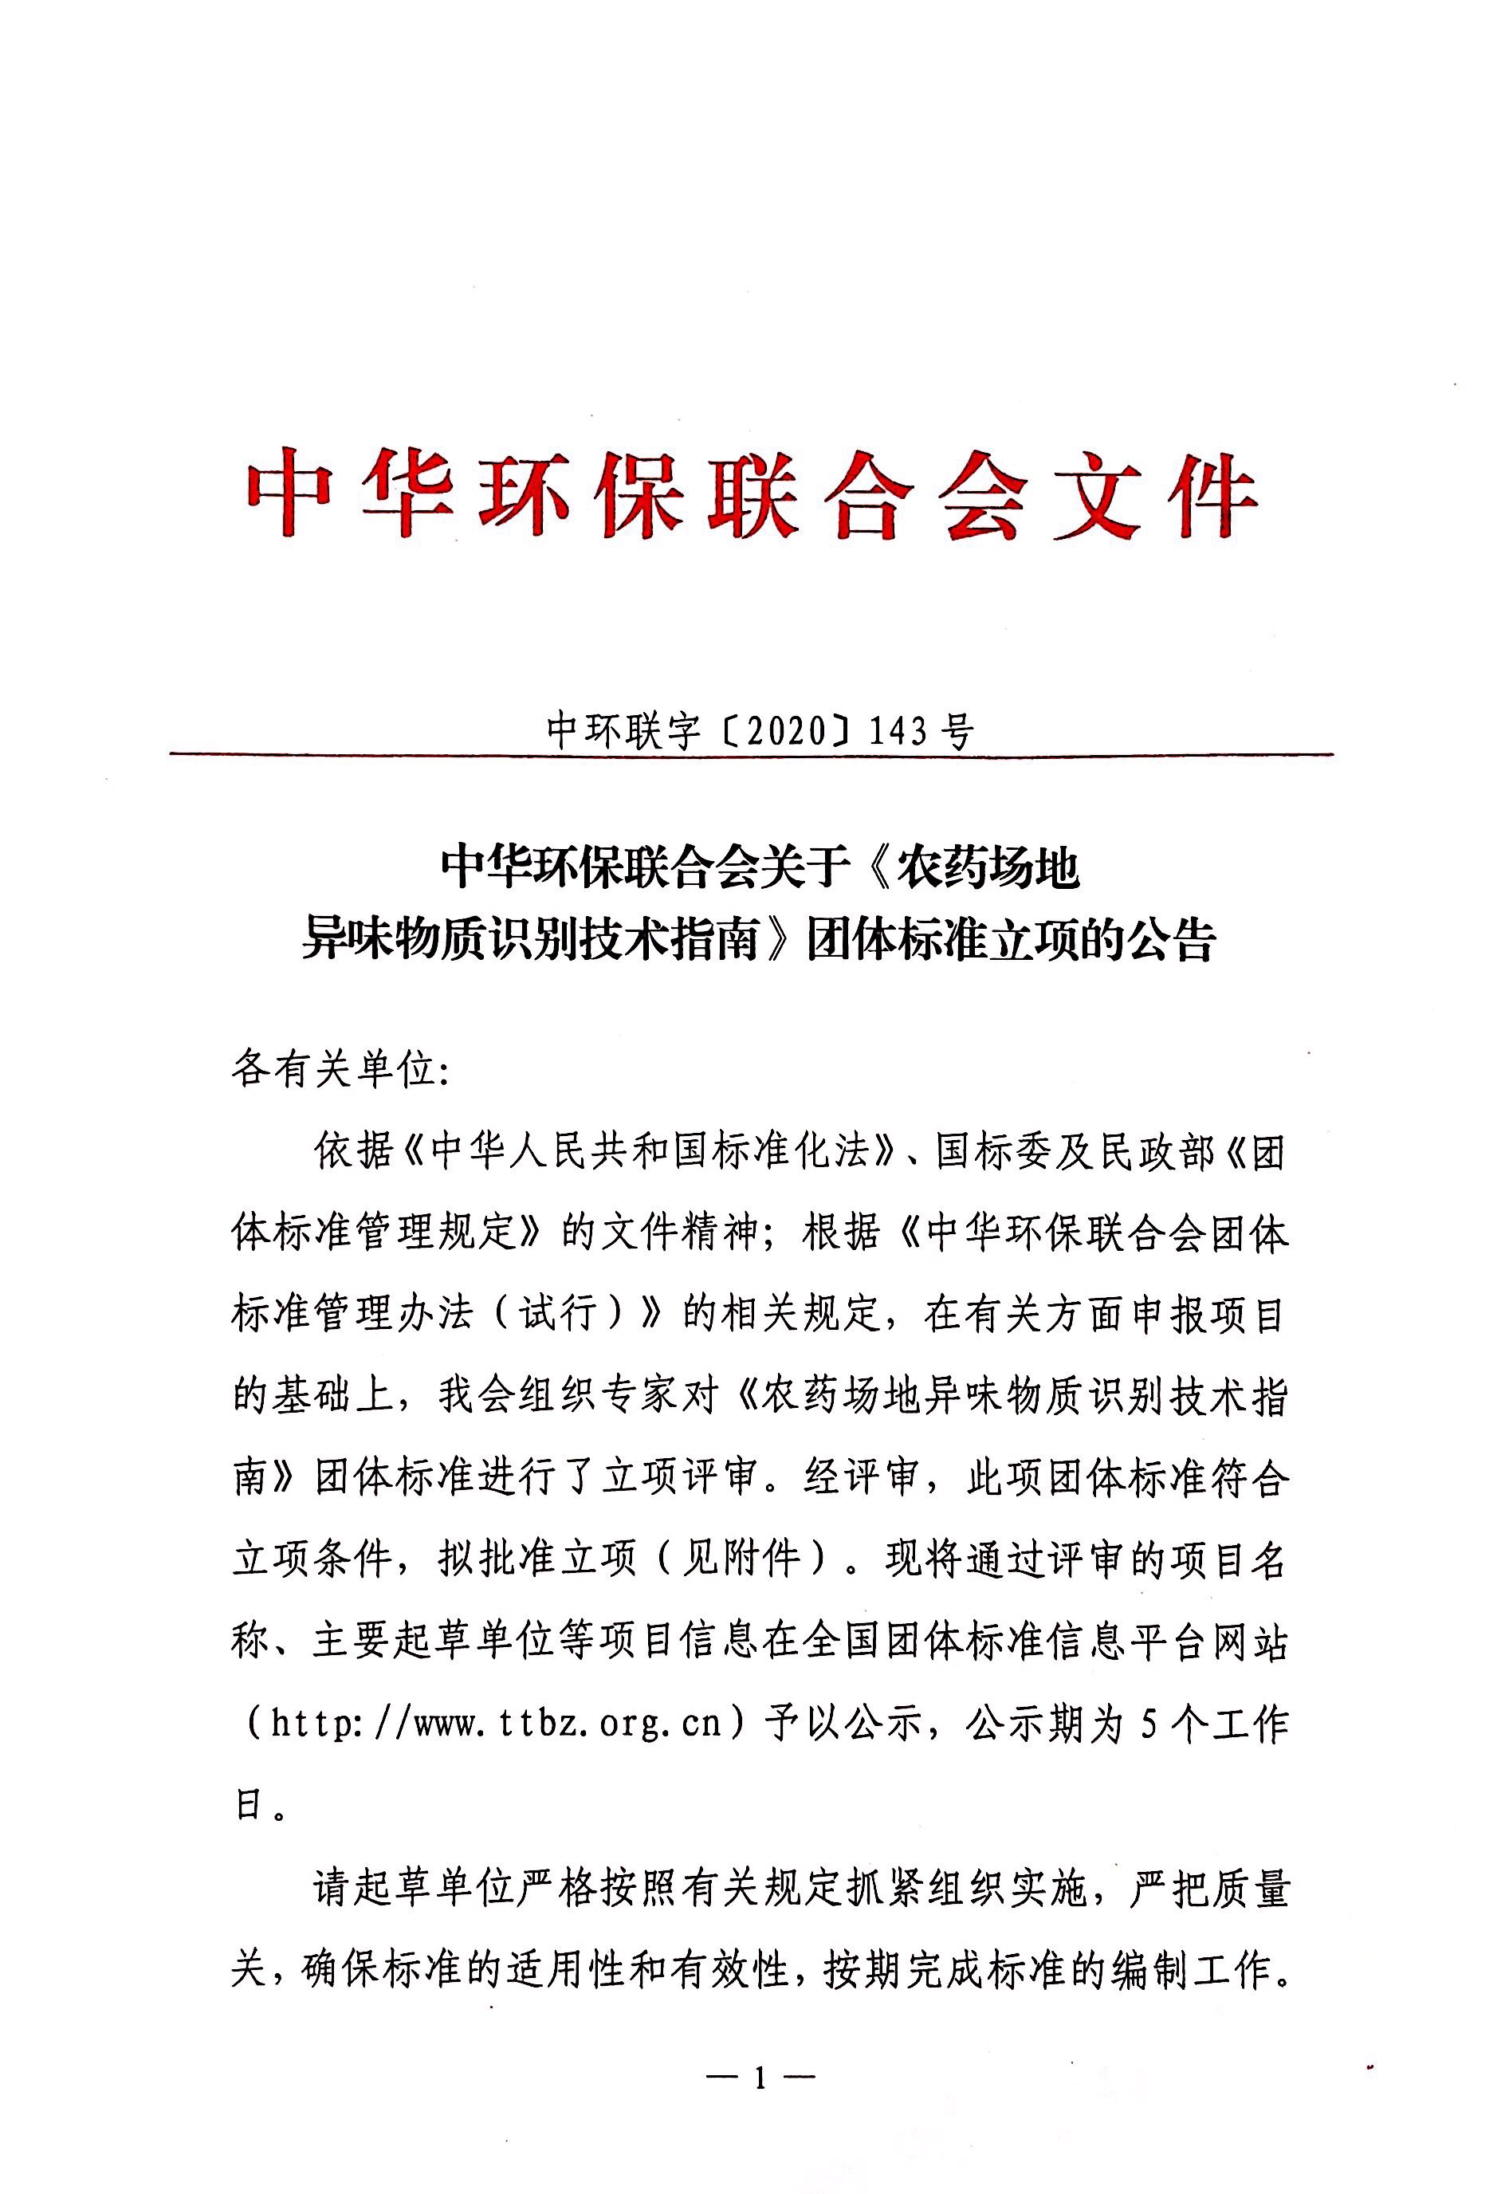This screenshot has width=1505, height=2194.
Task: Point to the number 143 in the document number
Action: [x=898, y=731]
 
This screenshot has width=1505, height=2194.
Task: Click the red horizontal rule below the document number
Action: [x=752, y=754]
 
